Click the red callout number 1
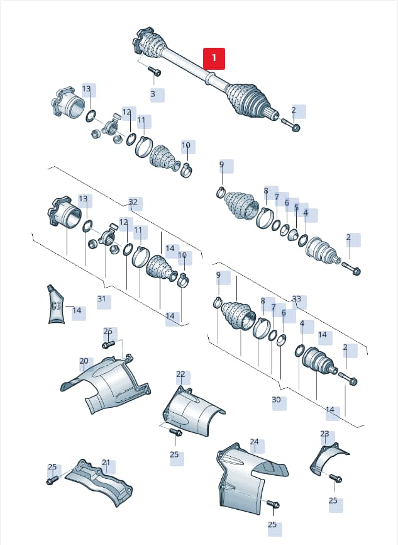pyautogui.click(x=214, y=59)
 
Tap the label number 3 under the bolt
pyautogui.click(x=153, y=94)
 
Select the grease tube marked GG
pyautogui.click(x=55, y=304)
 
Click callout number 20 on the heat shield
pyautogui.click(x=84, y=361)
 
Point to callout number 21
pyautogui.click(x=106, y=463)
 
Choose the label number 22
pyautogui.click(x=181, y=374)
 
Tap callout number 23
pyautogui.click(x=324, y=434)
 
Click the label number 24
pyautogui.click(x=255, y=442)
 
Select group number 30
pyautogui.click(x=276, y=400)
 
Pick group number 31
pyautogui.click(x=101, y=299)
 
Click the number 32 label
pyautogui.click(x=133, y=202)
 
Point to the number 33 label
pyautogui.click(x=297, y=299)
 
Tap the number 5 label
pyautogui.click(x=296, y=208)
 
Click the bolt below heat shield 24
pyautogui.click(x=274, y=503)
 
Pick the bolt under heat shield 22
pyautogui.click(x=176, y=432)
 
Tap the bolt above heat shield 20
pyautogui.click(x=108, y=345)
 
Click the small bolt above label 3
pyautogui.click(x=155, y=70)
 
